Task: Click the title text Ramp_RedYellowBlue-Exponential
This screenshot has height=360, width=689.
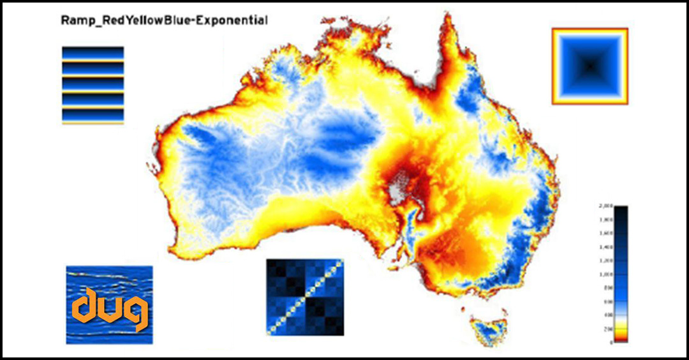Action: point(164,20)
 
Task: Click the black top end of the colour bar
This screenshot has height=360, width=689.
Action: point(622,209)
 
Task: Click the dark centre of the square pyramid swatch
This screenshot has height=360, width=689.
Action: point(590,65)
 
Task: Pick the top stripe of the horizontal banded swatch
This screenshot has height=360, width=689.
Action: point(93,52)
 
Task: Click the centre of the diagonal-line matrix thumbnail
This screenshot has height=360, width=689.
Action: point(305,297)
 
